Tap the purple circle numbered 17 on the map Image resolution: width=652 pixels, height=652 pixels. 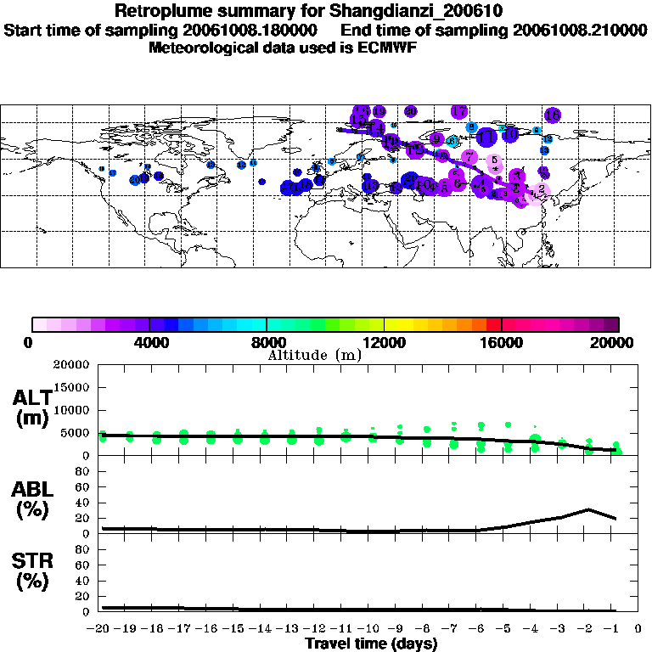[459, 111]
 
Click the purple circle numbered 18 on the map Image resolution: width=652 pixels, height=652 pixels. [553, 115]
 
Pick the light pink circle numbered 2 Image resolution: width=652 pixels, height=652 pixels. [542, 189]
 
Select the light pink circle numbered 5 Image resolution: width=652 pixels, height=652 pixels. [494, 160]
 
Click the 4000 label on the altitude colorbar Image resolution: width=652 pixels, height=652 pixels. [149, 342]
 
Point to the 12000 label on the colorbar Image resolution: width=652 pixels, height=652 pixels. [385, 342]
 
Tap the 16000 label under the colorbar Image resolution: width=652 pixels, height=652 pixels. [502, 342]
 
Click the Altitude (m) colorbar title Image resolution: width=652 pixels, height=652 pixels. [314, 355]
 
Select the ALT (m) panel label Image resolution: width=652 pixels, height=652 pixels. [31, 407]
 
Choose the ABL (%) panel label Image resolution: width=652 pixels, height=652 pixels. [31, 500]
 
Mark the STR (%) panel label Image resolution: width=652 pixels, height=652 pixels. [31, 570]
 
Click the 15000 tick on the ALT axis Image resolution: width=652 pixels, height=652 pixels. [74, 387]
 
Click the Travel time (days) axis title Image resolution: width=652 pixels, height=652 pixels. [372, 644]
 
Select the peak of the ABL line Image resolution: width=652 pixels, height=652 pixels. [588, 509]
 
